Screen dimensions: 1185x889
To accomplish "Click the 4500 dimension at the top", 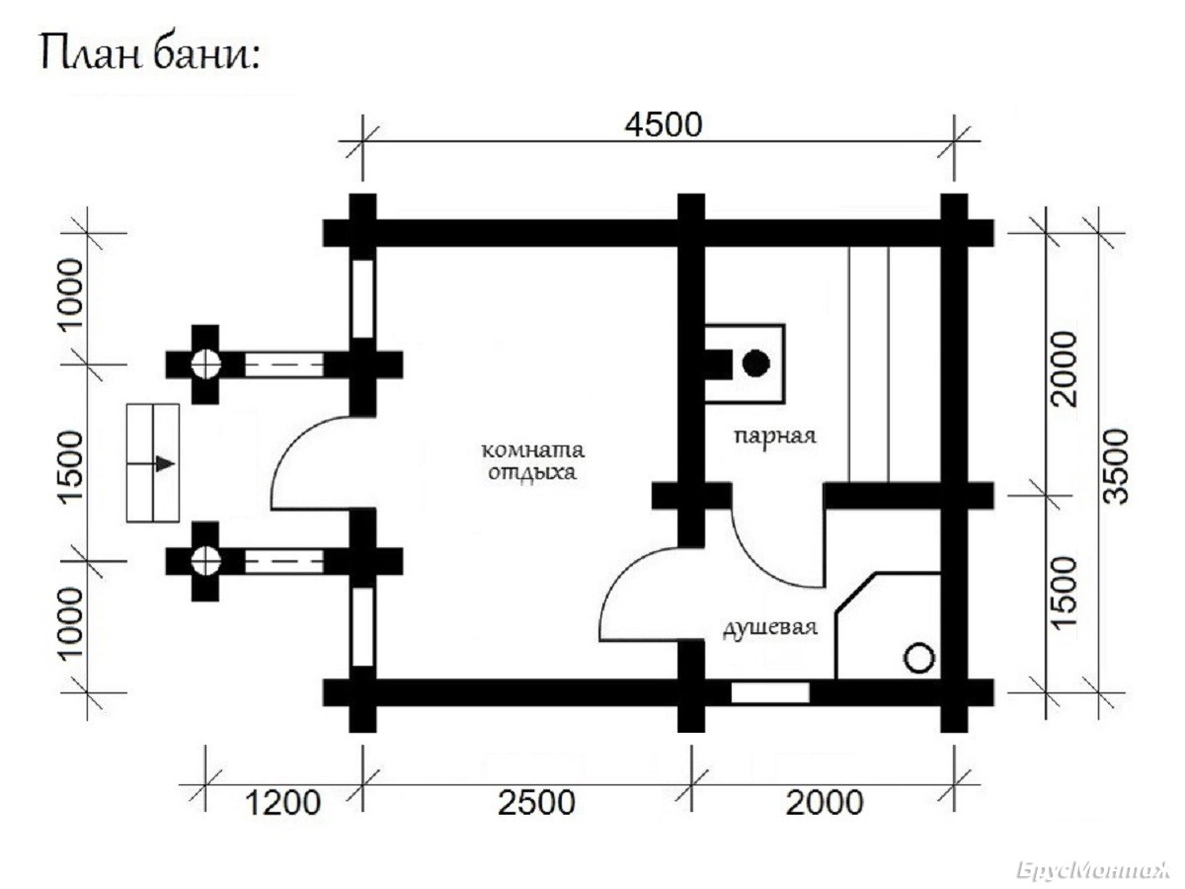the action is (x=664, y=124).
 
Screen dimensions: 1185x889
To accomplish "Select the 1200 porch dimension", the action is (x=282, y=802).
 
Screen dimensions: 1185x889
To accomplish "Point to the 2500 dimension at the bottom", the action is (x=536, y=802).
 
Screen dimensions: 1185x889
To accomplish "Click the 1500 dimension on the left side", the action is (x=71, y=467).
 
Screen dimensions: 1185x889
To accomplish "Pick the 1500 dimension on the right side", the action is (x=1065, y=593).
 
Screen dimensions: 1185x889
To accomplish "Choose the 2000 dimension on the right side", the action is (x=1065, y=368).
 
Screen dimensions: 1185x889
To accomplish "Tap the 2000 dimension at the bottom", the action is (x=825, y=802).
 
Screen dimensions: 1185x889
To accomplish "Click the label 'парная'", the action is (x=775, y=436).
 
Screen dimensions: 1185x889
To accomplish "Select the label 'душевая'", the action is (x=770, y=628).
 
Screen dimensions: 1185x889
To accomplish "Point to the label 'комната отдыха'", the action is (x=532, y=461).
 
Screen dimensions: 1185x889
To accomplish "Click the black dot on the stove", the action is (x=755, y=364).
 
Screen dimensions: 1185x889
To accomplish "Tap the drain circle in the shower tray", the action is (x=918, y=659).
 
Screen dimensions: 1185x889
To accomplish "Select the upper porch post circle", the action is (x=205, y=364).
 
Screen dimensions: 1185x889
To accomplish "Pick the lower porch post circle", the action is (x=205, y=561).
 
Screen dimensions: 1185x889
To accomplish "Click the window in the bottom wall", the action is (x=770, y=692).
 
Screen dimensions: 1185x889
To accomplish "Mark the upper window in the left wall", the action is (x=362, y=299).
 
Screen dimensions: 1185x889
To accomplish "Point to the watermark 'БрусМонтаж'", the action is (x=1093, y=870).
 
